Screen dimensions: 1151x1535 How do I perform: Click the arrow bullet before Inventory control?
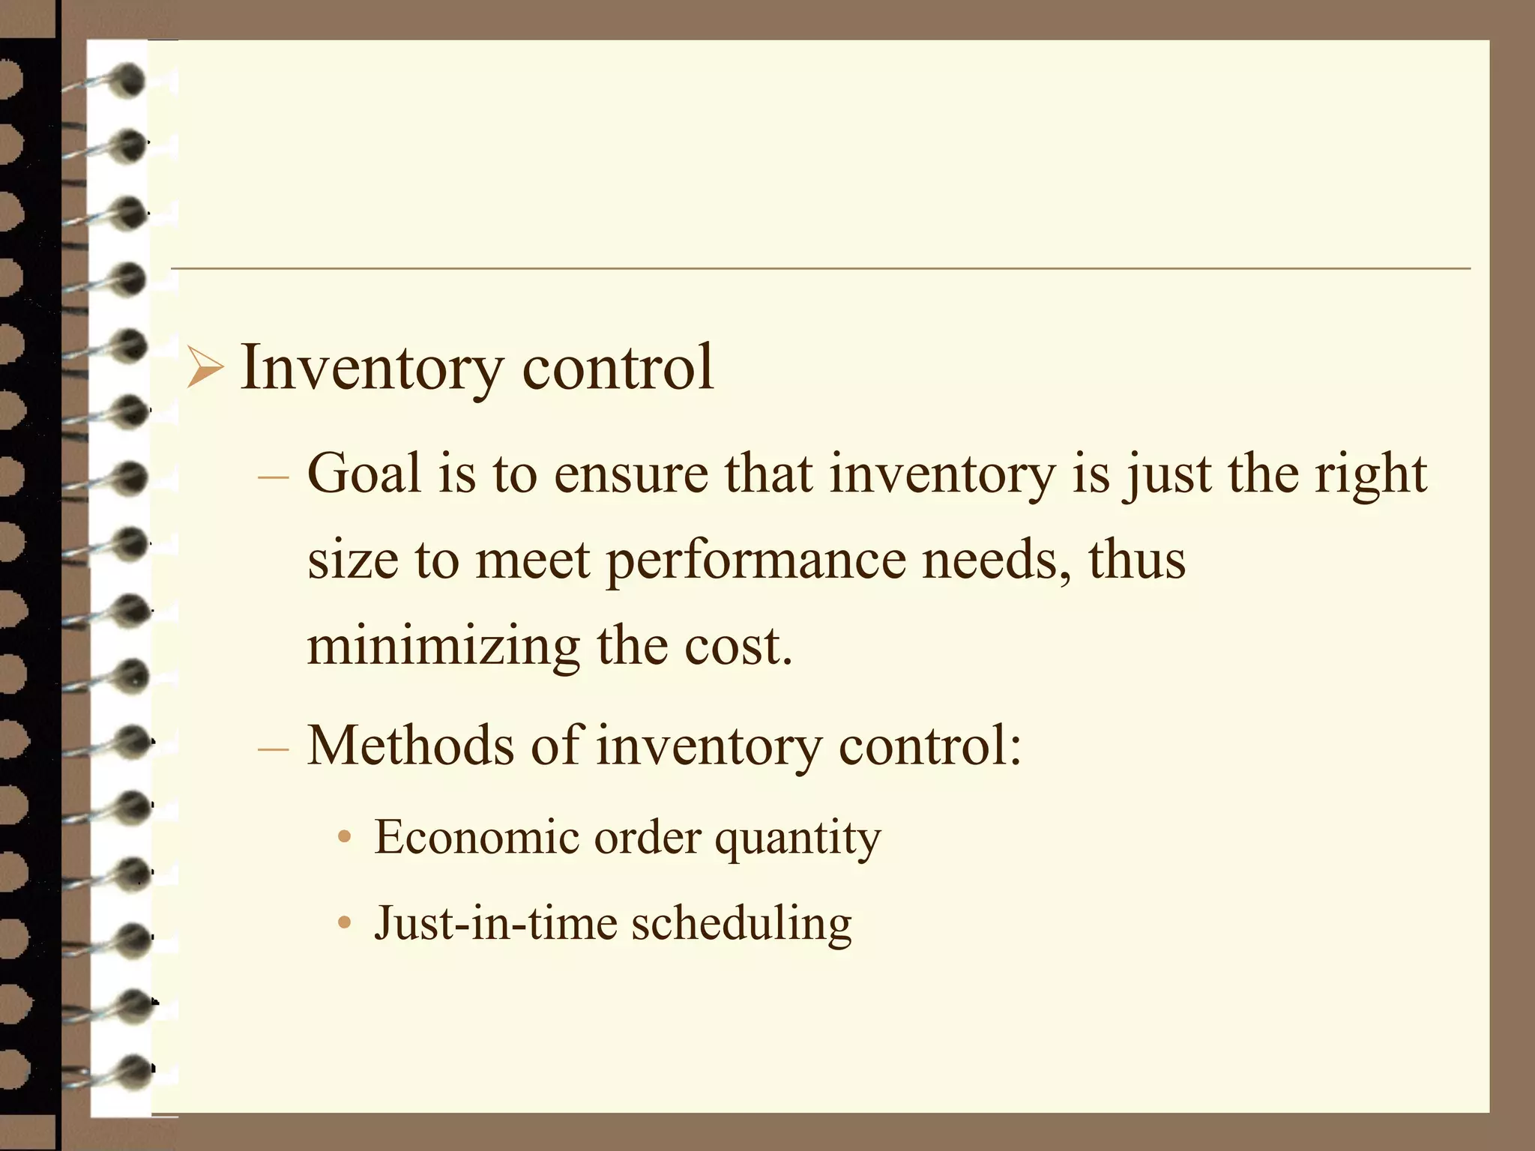coord(205,369)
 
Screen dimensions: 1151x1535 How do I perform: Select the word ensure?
coord(630,475)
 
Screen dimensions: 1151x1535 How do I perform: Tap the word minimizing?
coord(443,647)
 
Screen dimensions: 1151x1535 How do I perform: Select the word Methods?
coord(411,746)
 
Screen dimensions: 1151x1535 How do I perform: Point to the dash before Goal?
coord(273,477)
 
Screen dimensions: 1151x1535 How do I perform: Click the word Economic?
coord(477,837)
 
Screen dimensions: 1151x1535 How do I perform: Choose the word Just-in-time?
coord(495,922)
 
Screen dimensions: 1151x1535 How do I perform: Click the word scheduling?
coord(741,924)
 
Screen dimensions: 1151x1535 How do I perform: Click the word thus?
coord(1136,560)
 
